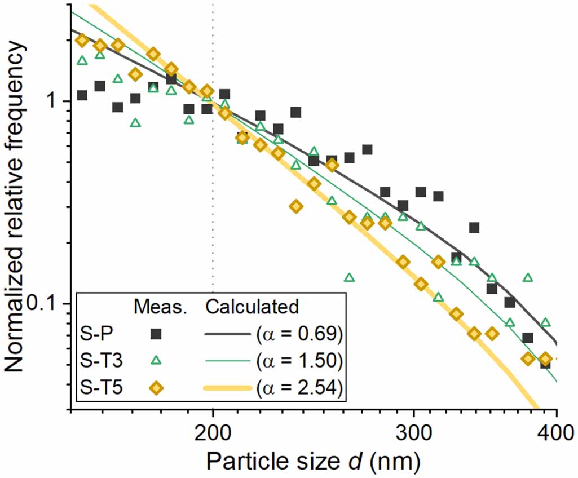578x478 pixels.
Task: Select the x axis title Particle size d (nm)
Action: (313, 461)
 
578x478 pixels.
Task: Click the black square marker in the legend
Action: (156, 334)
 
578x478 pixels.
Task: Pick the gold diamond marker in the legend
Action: (156, 388)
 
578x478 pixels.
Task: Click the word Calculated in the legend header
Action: (251, 307)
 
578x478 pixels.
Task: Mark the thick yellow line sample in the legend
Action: (226, 388)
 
